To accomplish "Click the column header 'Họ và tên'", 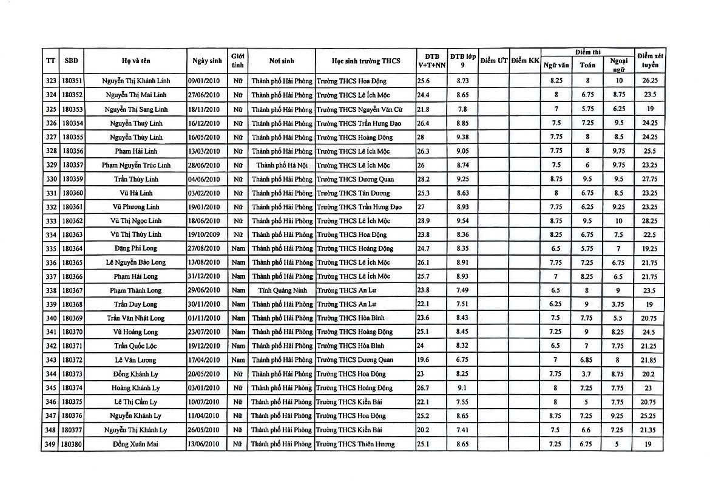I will pyautogui.click(x=136, y=61).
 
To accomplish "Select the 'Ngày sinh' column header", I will pyautogui.click(x=207, y=61).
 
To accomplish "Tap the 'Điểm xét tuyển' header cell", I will pyautogui.click(x=649, y=61).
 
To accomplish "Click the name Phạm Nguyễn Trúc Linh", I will pyautogui.click(x=136, y=165).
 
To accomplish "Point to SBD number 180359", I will pyautogui.click(x=72, y=179).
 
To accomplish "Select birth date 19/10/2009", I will pyautogui.click(x=207, y=234).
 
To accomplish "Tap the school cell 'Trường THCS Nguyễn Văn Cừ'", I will pyautogui.click(x=359, y=109).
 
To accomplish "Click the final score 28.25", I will pyautogui.click(x=649, y=221).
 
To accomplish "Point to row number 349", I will pyautogui.click(x=51, y=444).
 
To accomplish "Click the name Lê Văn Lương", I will pyautogui.click(x=136, y=360).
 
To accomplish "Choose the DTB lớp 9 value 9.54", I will pyautogui.click(x=462, y=221).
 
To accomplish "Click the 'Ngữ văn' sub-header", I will pyautogui.click(x=556, y=65).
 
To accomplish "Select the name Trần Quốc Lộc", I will pyautogui.click(x=136, y=346).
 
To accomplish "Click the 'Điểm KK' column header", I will pyautogui.click(x=525, y=61).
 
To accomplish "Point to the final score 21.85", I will pyautogui.click(x=649, y=360).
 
